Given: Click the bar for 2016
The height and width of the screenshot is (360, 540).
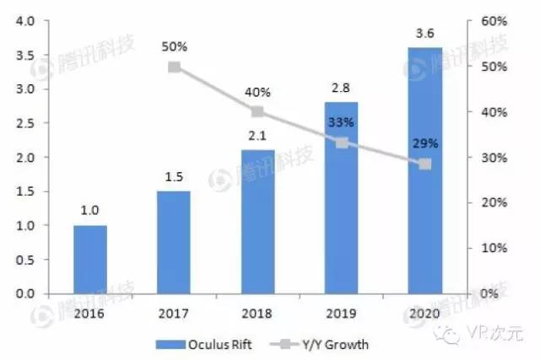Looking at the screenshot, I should tap(90, 259).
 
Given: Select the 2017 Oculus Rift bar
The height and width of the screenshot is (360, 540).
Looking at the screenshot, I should tap(174, 242).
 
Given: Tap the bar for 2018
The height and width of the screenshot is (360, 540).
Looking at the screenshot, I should tap(258, 222).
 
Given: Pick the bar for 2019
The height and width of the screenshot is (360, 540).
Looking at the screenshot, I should tap(342, 198).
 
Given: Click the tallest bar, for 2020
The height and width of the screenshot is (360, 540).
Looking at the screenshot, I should tap(425, 170).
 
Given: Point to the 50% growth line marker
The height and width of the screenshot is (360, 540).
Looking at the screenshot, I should tap(174, 67).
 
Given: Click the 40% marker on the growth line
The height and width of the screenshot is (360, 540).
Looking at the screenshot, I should tap(258, 111).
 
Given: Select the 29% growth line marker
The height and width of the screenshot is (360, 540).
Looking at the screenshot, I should tap(425, 164).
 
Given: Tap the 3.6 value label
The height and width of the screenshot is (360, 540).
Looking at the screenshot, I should tap(425, 35).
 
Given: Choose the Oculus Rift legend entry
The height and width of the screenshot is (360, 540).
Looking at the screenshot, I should tap(216, 343).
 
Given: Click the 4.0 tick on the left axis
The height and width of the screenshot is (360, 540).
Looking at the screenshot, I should tap(24, 21).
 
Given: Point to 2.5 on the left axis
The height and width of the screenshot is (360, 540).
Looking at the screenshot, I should tap(24, 123).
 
